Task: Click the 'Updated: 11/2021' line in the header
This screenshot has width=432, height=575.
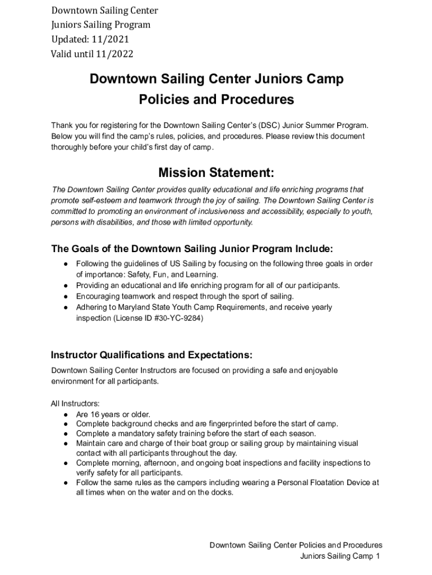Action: [90, 39]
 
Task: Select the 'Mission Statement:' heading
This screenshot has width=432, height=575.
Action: [216, 172]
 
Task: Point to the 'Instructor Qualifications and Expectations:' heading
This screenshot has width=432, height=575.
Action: [151, 355]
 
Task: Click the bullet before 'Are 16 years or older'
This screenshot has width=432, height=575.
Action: [66, 414]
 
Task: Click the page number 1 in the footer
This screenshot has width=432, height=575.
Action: [378, 556]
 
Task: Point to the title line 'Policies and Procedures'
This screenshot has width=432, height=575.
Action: [216, 99]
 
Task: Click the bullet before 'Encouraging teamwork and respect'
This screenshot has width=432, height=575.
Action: [66, 296]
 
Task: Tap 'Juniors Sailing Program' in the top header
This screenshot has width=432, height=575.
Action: [101, 25]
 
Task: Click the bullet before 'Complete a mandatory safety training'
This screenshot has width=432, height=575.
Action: [66, 433]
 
